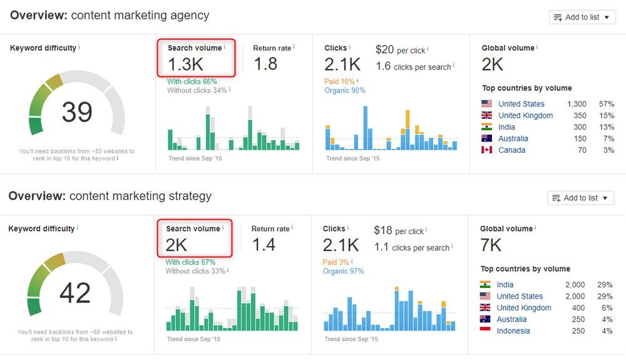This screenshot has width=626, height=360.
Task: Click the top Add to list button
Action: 582,17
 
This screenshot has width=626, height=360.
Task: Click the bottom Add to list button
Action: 580,198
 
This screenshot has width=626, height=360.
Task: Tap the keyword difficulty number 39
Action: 77,112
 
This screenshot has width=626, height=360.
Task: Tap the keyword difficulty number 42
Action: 75,293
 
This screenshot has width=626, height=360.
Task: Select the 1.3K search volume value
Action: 185,64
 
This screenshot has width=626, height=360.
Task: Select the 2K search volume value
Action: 177,245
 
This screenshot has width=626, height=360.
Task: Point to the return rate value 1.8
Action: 265,64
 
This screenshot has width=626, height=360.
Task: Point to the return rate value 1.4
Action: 264,245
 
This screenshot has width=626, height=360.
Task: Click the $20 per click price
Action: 384,49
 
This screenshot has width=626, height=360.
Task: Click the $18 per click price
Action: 382,230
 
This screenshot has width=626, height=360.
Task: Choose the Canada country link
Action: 511,150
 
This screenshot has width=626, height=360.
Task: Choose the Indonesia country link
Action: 513,331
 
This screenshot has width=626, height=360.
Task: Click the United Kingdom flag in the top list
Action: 487,116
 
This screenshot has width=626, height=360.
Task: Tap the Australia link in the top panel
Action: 513,139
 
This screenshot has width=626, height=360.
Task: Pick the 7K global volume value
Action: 491,245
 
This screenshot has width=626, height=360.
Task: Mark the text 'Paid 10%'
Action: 339,81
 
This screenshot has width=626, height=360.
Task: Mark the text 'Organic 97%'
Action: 343,271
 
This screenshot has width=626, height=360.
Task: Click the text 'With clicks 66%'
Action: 192,81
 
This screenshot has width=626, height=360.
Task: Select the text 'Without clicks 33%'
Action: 194,271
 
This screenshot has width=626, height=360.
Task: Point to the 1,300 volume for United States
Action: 577,104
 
